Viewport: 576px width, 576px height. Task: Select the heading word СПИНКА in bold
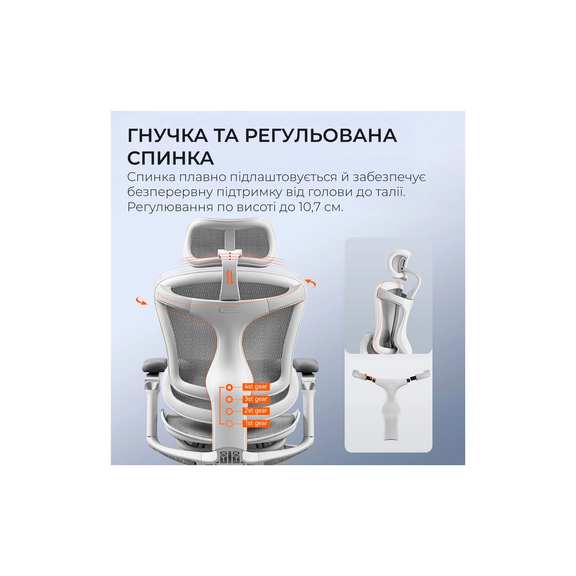pyautogui.click(x=170, y=158)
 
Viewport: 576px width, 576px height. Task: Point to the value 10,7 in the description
pyautogui.click(x=309, y=207)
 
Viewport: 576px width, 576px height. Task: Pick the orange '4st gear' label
pyautogui.click(x=256, y=387)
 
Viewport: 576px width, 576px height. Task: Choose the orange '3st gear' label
pyautogui.click(x=256, y=399)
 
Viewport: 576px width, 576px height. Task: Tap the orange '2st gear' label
pyautogui.click(x=256, y=411)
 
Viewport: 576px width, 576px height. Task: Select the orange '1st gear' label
pyautogui.click(x=256, y=423)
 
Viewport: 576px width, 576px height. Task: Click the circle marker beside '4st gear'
pyautogui.click(x=229, y=387)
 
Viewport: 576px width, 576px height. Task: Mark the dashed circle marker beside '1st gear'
pyautogui.click(x=229, y=424)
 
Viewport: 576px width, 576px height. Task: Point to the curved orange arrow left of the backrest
pyautogui.click(x=141, y=300)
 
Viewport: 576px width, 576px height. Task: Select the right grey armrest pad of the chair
pyautogui.click(x=306, y=364)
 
